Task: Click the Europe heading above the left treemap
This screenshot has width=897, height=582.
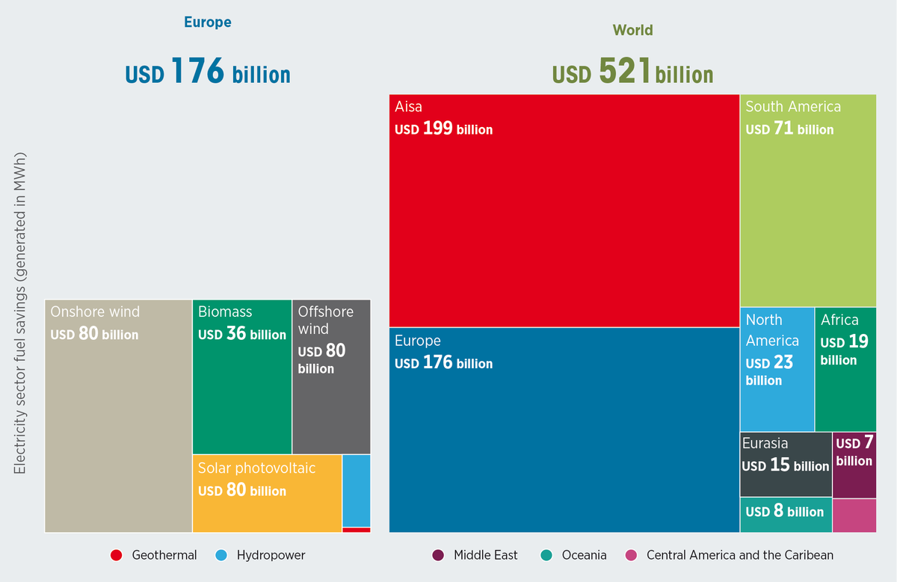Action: [x=208, y=22]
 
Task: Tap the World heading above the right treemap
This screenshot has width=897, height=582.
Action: [x=632, y=31]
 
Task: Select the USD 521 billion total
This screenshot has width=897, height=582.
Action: [x=632, y=73]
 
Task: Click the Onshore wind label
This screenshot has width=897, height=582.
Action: [x=95, y=312]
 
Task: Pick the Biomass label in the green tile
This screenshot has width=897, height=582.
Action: [x=225, y=312]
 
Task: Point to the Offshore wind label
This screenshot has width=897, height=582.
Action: [x=325, y=320]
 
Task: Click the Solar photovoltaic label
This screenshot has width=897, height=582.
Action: [x=256, y=468]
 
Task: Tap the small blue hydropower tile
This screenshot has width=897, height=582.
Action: [x=356, y=491]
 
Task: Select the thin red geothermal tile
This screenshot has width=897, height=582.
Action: [x=356, y=530]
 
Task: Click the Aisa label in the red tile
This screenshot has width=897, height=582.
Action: [x=409, y=107]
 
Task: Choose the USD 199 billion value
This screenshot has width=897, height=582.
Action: [x=444, y=129]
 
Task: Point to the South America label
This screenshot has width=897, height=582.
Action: [x=793, y=107]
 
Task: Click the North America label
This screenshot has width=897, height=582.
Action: [x=772, y=330]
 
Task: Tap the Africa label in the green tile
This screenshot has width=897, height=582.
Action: [x=839, y=321]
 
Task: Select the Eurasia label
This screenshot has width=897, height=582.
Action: [x=765, y=444]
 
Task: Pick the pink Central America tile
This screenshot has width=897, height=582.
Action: [x=854, y=516]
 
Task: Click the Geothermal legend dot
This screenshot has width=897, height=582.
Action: [x=116, y=555]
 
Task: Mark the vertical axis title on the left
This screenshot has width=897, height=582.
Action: [x=20, y=313]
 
